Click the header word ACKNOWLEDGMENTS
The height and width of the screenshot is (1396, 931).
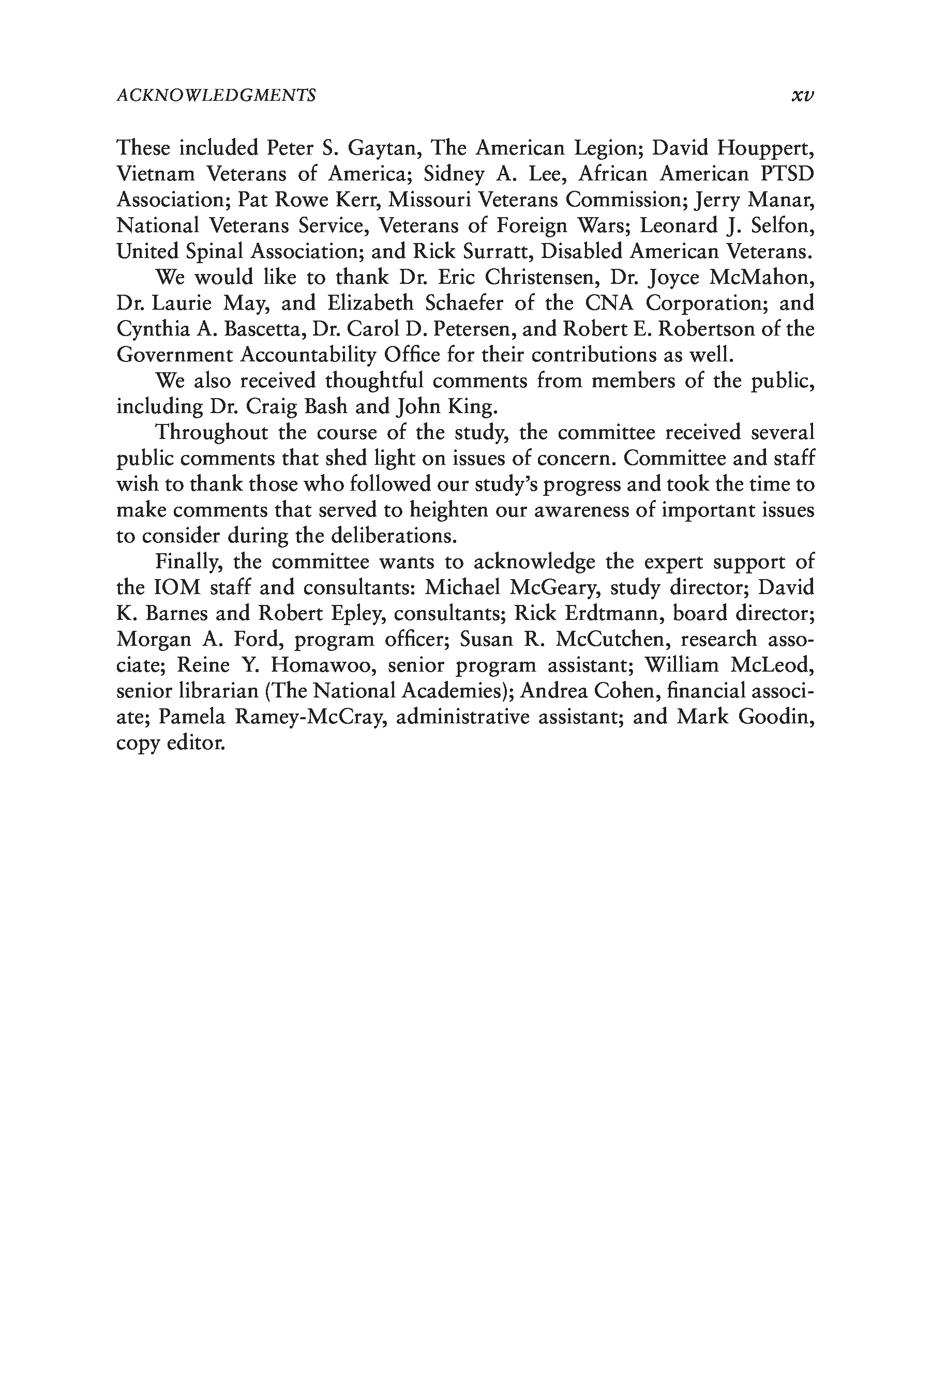216,95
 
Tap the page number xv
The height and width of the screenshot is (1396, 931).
802,95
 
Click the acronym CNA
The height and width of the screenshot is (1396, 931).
609,304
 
